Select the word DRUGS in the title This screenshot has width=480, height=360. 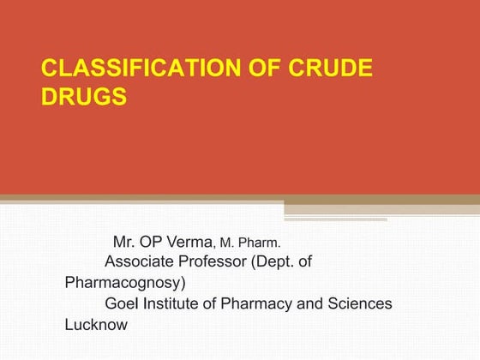[84, 96]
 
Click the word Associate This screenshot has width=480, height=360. [140, 261]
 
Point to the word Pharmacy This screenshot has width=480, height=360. [249, 303]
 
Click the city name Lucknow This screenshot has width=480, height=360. [96, 325]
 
